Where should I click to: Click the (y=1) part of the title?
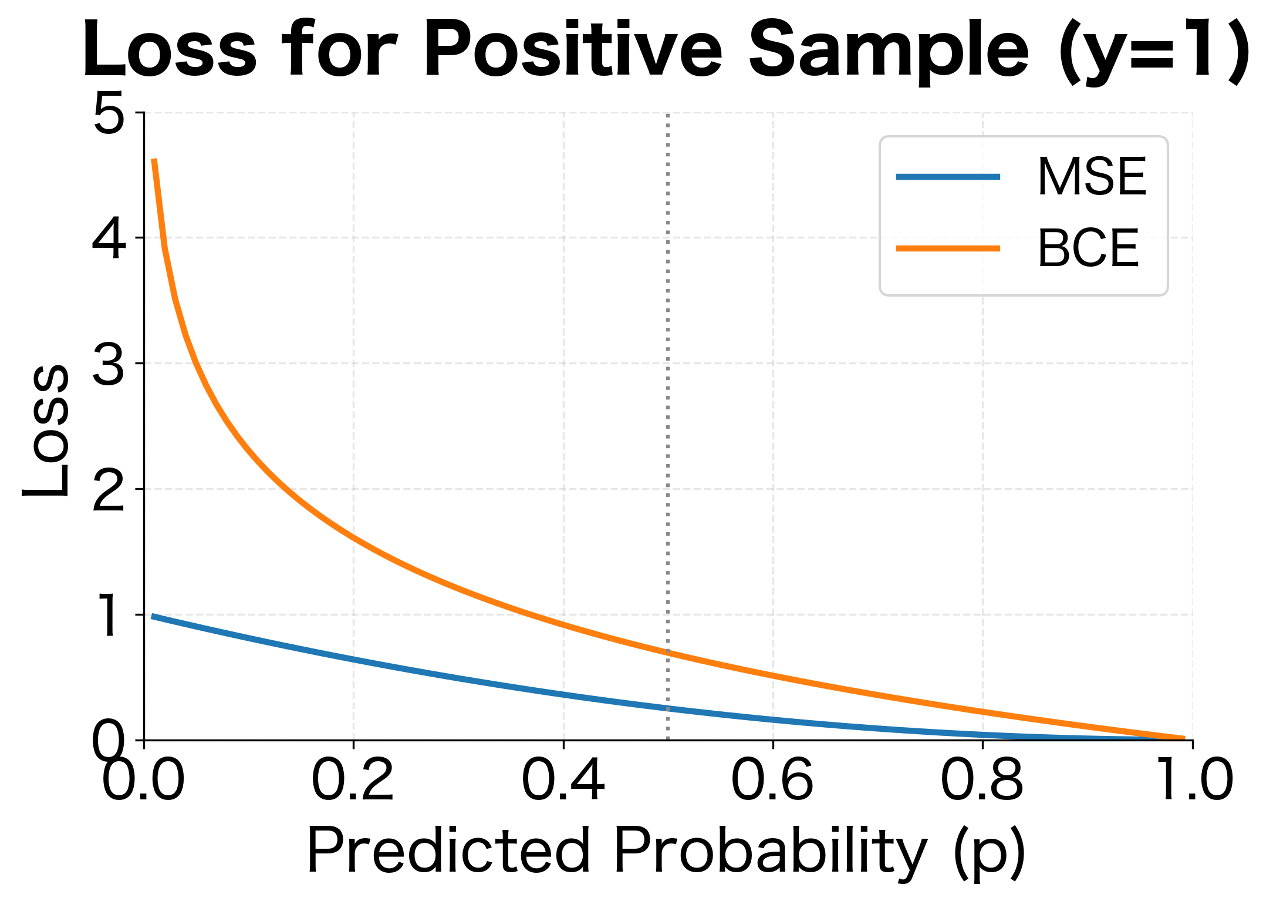(x=1153, y=52)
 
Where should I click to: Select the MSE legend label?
(x=1091, y=177)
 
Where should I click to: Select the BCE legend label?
(x=1088, y=248)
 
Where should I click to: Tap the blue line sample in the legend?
(x=947, y=177)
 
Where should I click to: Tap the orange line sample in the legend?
(x=947, y=248)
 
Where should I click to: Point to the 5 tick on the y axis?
(x=109, y=113)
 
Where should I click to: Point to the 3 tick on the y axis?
(x=109, y=364)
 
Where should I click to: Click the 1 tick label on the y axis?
(x=109, y=615)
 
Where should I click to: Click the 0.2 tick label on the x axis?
(x=353, y=781)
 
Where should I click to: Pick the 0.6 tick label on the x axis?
(x=772, y=781)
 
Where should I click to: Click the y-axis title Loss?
(x=46, y=431)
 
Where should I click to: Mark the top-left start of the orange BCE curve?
(x=154, y=160)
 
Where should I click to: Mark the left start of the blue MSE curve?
(x=153, y=616)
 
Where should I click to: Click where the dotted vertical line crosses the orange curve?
(x=668, y=652)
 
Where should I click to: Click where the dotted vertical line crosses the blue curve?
(x=668, y=708)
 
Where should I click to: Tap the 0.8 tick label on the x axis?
(x=982, y=781)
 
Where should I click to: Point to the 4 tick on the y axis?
(x=109, y=238)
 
